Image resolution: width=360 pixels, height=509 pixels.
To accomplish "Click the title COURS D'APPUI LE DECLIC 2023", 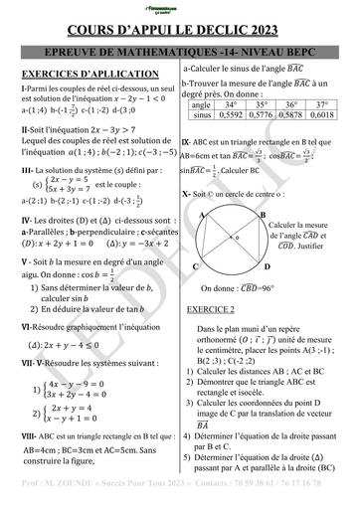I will tap(180, 31).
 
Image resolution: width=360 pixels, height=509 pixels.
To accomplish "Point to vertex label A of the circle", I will tap(203, 214).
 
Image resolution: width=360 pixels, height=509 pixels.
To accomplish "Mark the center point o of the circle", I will tap(236, 240).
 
